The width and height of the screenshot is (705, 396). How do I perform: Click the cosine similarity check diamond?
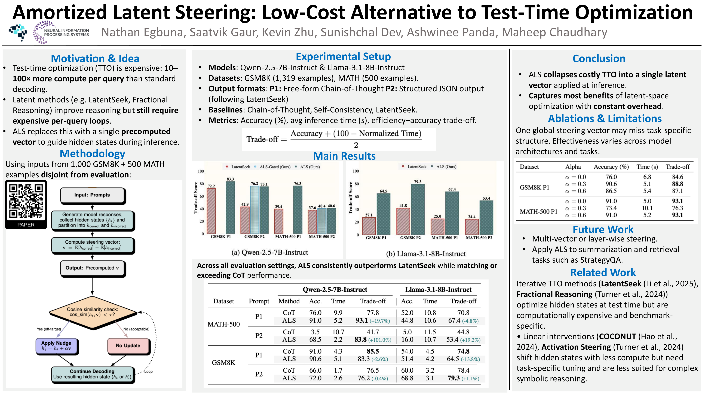[x=93, y=312]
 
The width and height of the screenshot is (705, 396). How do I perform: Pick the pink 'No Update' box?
[x=128, y=346]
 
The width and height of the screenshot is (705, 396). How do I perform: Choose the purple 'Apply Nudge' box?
[x=56, y=346]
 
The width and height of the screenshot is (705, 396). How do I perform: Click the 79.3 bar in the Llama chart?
[x=418, y=209]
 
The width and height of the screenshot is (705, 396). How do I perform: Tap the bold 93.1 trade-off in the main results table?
[x=361, y=320]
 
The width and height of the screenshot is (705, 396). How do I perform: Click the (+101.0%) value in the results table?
[x=380, y=340]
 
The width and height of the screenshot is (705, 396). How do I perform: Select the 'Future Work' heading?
[x=603, y=229]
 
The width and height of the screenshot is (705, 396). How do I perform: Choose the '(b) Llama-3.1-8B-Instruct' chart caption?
[x=426, y=254]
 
